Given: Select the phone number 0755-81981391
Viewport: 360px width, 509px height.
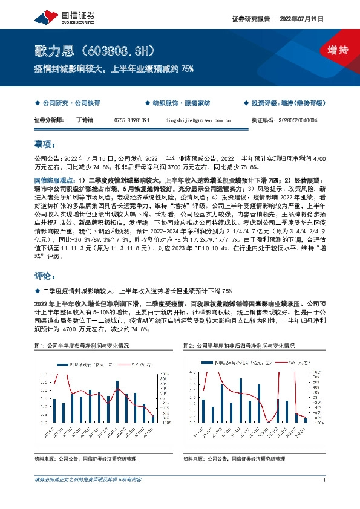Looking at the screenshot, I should pyautogui.click(x=132, y=120).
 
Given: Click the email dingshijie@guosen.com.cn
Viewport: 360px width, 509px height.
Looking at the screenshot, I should pyautogui.click(x=198, y=120).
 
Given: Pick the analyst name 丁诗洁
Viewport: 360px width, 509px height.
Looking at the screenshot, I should pyautogui.click(x=85, y=120).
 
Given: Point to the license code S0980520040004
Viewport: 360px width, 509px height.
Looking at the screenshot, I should pyautogui.click(x=300, y=120).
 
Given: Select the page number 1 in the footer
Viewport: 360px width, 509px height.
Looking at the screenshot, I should pyautogui.click(x=326, y=481).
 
